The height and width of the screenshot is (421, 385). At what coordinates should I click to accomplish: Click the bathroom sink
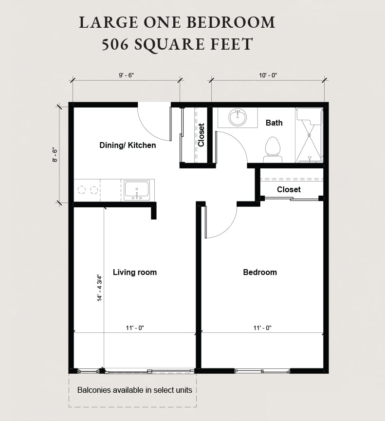(x=238, y=117)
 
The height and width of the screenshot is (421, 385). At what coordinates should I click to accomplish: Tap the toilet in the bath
(x=273, y=149)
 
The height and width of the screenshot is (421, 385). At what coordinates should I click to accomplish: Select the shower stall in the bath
(x=309, y=136)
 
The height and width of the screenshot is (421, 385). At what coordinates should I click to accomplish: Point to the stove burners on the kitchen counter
(x=87, y=190)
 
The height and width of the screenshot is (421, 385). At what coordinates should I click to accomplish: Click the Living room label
(x=135, y=272)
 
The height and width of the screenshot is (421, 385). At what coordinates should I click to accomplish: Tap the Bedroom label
(x=260, y=272)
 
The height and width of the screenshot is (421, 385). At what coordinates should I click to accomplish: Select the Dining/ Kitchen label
(x=128, y=145)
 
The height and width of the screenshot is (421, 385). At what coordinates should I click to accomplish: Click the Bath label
(x=274, y=123)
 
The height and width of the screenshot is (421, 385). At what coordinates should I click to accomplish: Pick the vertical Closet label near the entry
(x=201, y=135)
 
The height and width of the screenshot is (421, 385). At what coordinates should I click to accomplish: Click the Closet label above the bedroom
(x=289, y=189)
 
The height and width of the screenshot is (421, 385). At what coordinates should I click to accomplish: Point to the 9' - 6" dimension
(x=126, y=75)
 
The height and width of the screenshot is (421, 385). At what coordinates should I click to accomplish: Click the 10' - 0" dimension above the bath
(x=268, y=75)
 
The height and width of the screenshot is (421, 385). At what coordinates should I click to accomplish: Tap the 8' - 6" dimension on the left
(x=55, y=155)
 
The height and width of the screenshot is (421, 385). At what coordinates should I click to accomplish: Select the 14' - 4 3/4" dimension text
(x=99, y=287)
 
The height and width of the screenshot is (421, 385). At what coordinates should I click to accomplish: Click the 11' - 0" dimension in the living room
(x=135, y=328)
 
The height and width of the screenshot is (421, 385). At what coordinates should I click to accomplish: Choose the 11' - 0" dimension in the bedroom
(x=262, y=328)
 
